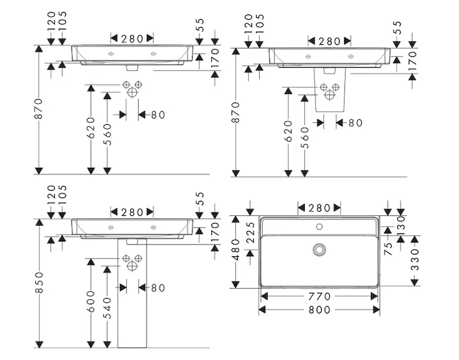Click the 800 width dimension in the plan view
point(319,310)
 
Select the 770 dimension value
point(319,296)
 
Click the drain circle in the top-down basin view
point(320,248)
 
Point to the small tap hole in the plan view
point(320,227)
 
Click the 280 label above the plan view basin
point(320,208)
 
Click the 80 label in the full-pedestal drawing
point(157,288)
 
